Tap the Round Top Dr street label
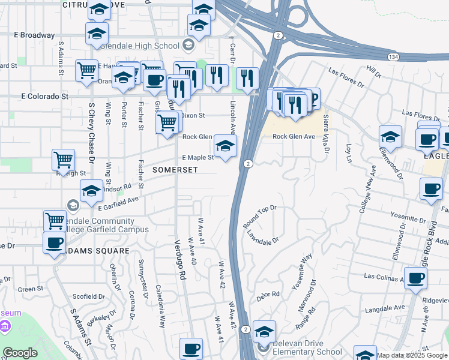point(259,217)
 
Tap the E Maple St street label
point(197,158)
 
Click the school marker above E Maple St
point(225,146)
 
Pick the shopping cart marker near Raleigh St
point(63,160)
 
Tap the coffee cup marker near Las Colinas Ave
point(415,278)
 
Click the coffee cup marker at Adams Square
point(55,244)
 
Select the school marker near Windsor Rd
point(91,191)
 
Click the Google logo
point(20,353)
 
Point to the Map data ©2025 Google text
point(411,355)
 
